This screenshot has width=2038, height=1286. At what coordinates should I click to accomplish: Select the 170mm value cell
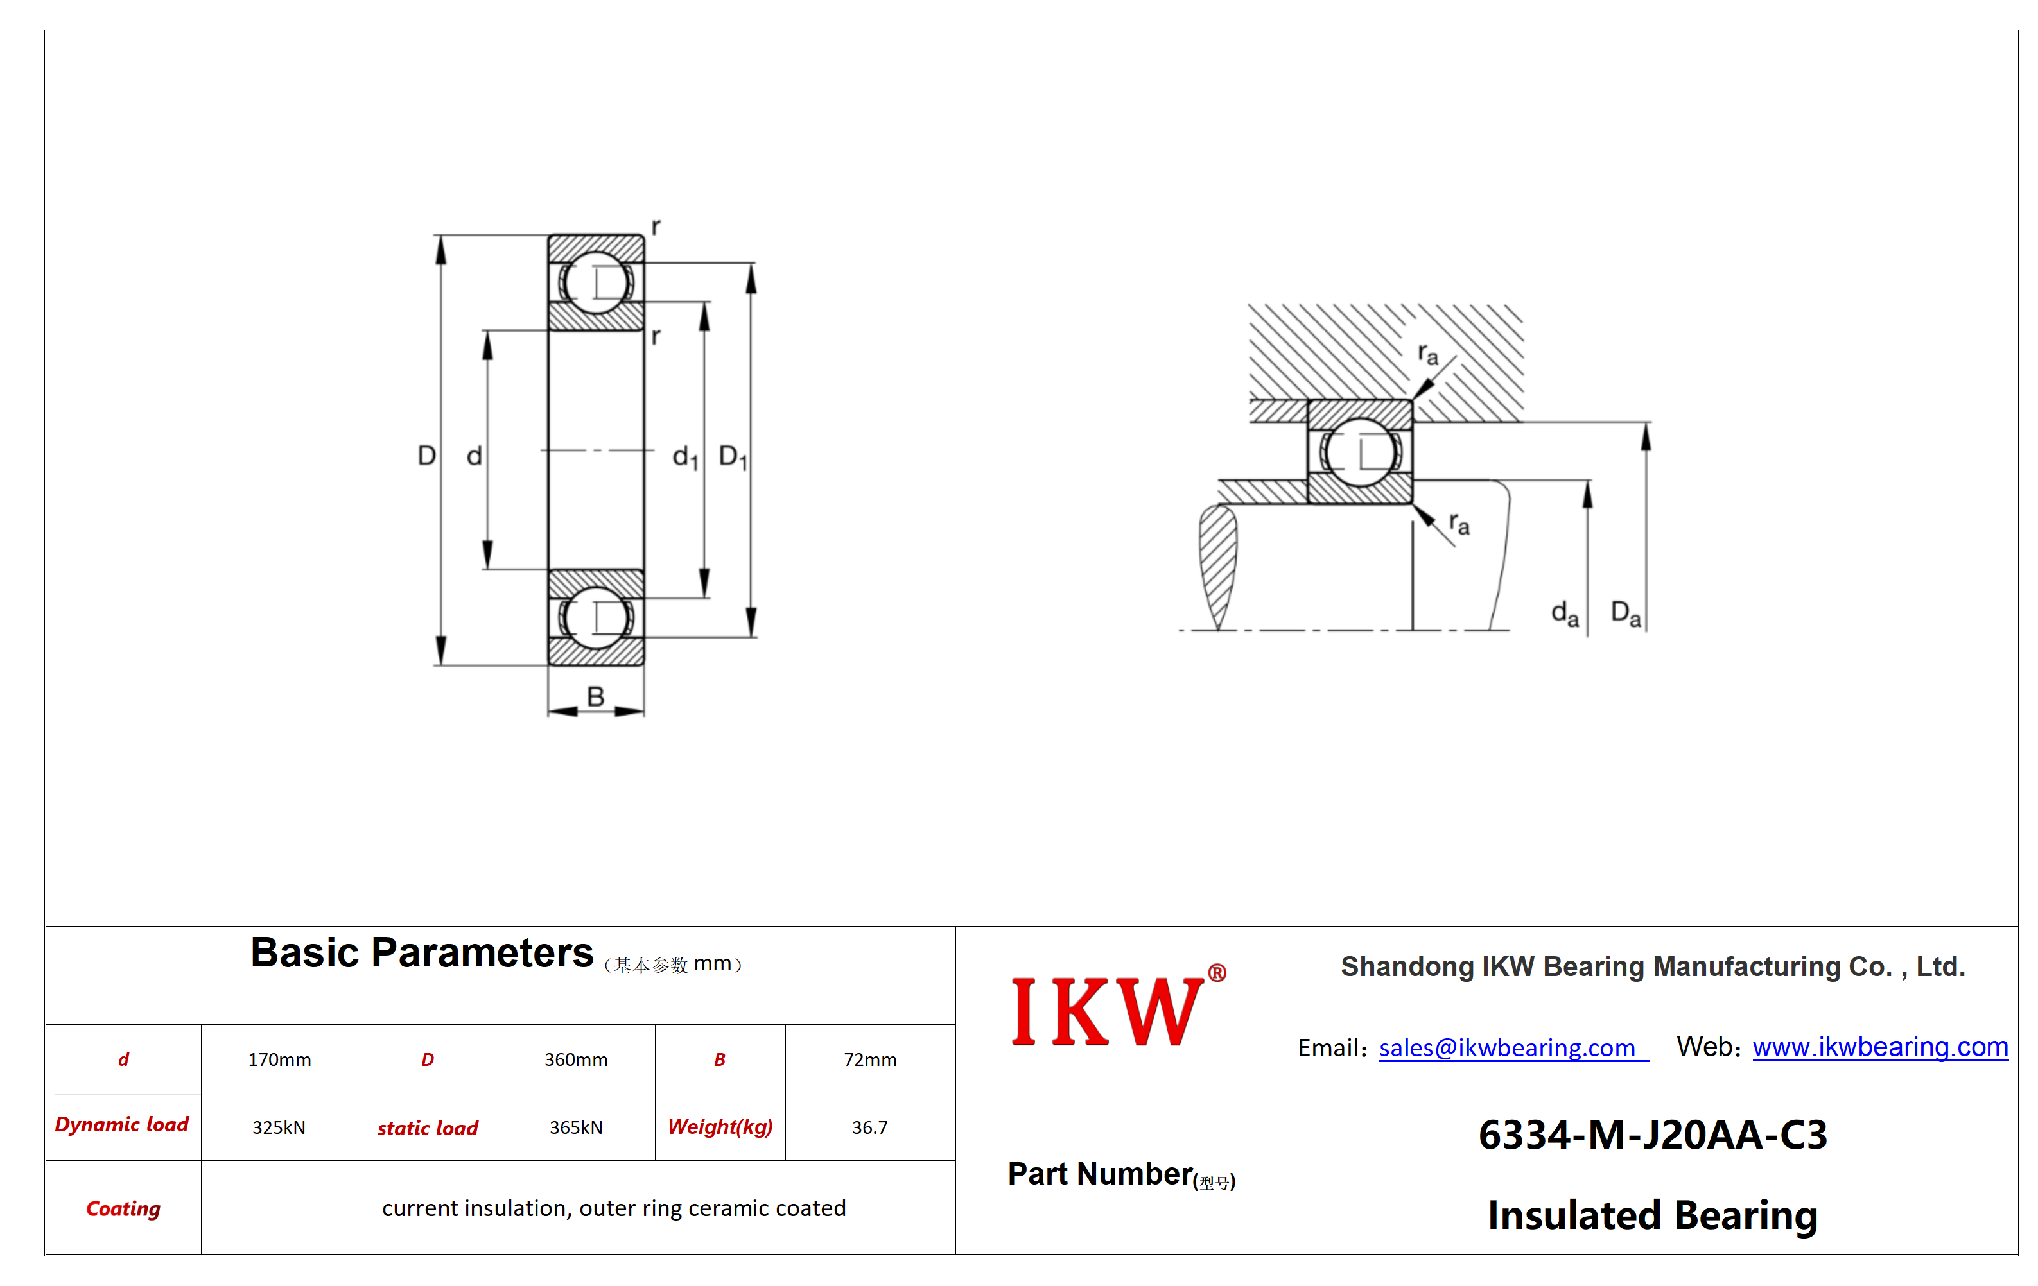coord(279,1059)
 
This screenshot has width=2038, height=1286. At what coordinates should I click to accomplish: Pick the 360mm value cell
coord(575,1059)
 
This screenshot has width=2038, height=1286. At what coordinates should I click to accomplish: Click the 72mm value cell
coord(870,1059)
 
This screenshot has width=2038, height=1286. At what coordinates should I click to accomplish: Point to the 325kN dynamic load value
coord(279,1127)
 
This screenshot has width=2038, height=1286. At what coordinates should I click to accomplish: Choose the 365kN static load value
coord(575,1127)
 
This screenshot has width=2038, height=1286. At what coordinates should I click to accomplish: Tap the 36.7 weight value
coord(870,1127)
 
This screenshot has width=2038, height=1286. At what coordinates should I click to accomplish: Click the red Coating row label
coord(123,1208)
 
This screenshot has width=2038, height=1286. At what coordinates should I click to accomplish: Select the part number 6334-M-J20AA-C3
coord(1653,1135)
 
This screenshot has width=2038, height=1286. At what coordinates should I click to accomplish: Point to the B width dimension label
coord(596,696)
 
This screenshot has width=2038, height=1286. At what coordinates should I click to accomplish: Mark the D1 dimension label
coord(733,457)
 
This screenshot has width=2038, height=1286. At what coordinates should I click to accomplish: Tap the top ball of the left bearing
coord(596,282)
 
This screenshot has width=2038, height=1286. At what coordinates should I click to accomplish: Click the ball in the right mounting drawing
coord(1360,452)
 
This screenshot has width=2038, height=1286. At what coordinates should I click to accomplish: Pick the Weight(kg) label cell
coord(720,1127)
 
